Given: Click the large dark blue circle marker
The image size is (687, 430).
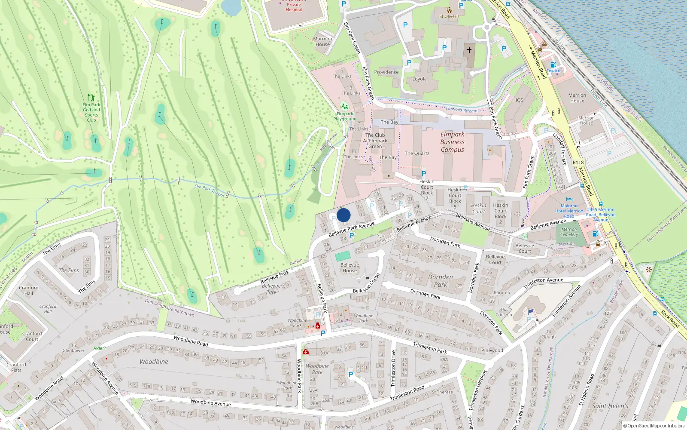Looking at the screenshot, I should [343, 215].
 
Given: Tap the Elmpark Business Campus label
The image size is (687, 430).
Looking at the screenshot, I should [452, 142].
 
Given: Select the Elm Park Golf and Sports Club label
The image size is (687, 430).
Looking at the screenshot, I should [91, 112].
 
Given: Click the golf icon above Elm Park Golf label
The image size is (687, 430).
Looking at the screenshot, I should [91, 98].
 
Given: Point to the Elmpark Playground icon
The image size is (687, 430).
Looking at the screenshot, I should [344, 106].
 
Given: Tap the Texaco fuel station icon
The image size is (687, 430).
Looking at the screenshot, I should [553, 65].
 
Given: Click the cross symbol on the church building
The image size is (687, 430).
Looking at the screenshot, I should [469, 50].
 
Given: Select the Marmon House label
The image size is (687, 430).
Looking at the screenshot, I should [322, 41].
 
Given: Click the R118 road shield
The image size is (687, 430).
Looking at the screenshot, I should [578, 163].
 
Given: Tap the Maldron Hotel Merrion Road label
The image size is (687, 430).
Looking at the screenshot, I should [569, 211].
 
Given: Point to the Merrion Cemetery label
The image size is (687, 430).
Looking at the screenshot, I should [569, 232].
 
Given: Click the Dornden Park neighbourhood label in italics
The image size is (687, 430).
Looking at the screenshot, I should [441, 281].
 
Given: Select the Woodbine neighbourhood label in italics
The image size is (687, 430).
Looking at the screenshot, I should [154, 362].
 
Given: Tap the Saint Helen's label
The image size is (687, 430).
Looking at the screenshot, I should [610, 405].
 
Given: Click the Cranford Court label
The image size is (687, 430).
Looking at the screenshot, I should [32, 336].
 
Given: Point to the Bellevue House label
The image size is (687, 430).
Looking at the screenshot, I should [350, 267].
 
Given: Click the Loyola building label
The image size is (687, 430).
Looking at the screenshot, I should [419, 79].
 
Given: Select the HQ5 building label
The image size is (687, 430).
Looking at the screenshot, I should [518, 100].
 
